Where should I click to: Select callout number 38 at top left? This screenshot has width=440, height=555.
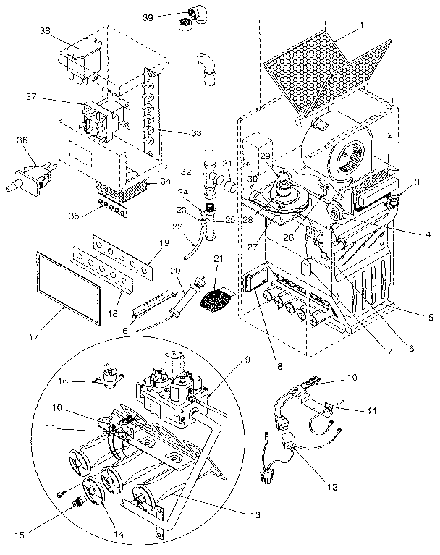click(x=45, y=31)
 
